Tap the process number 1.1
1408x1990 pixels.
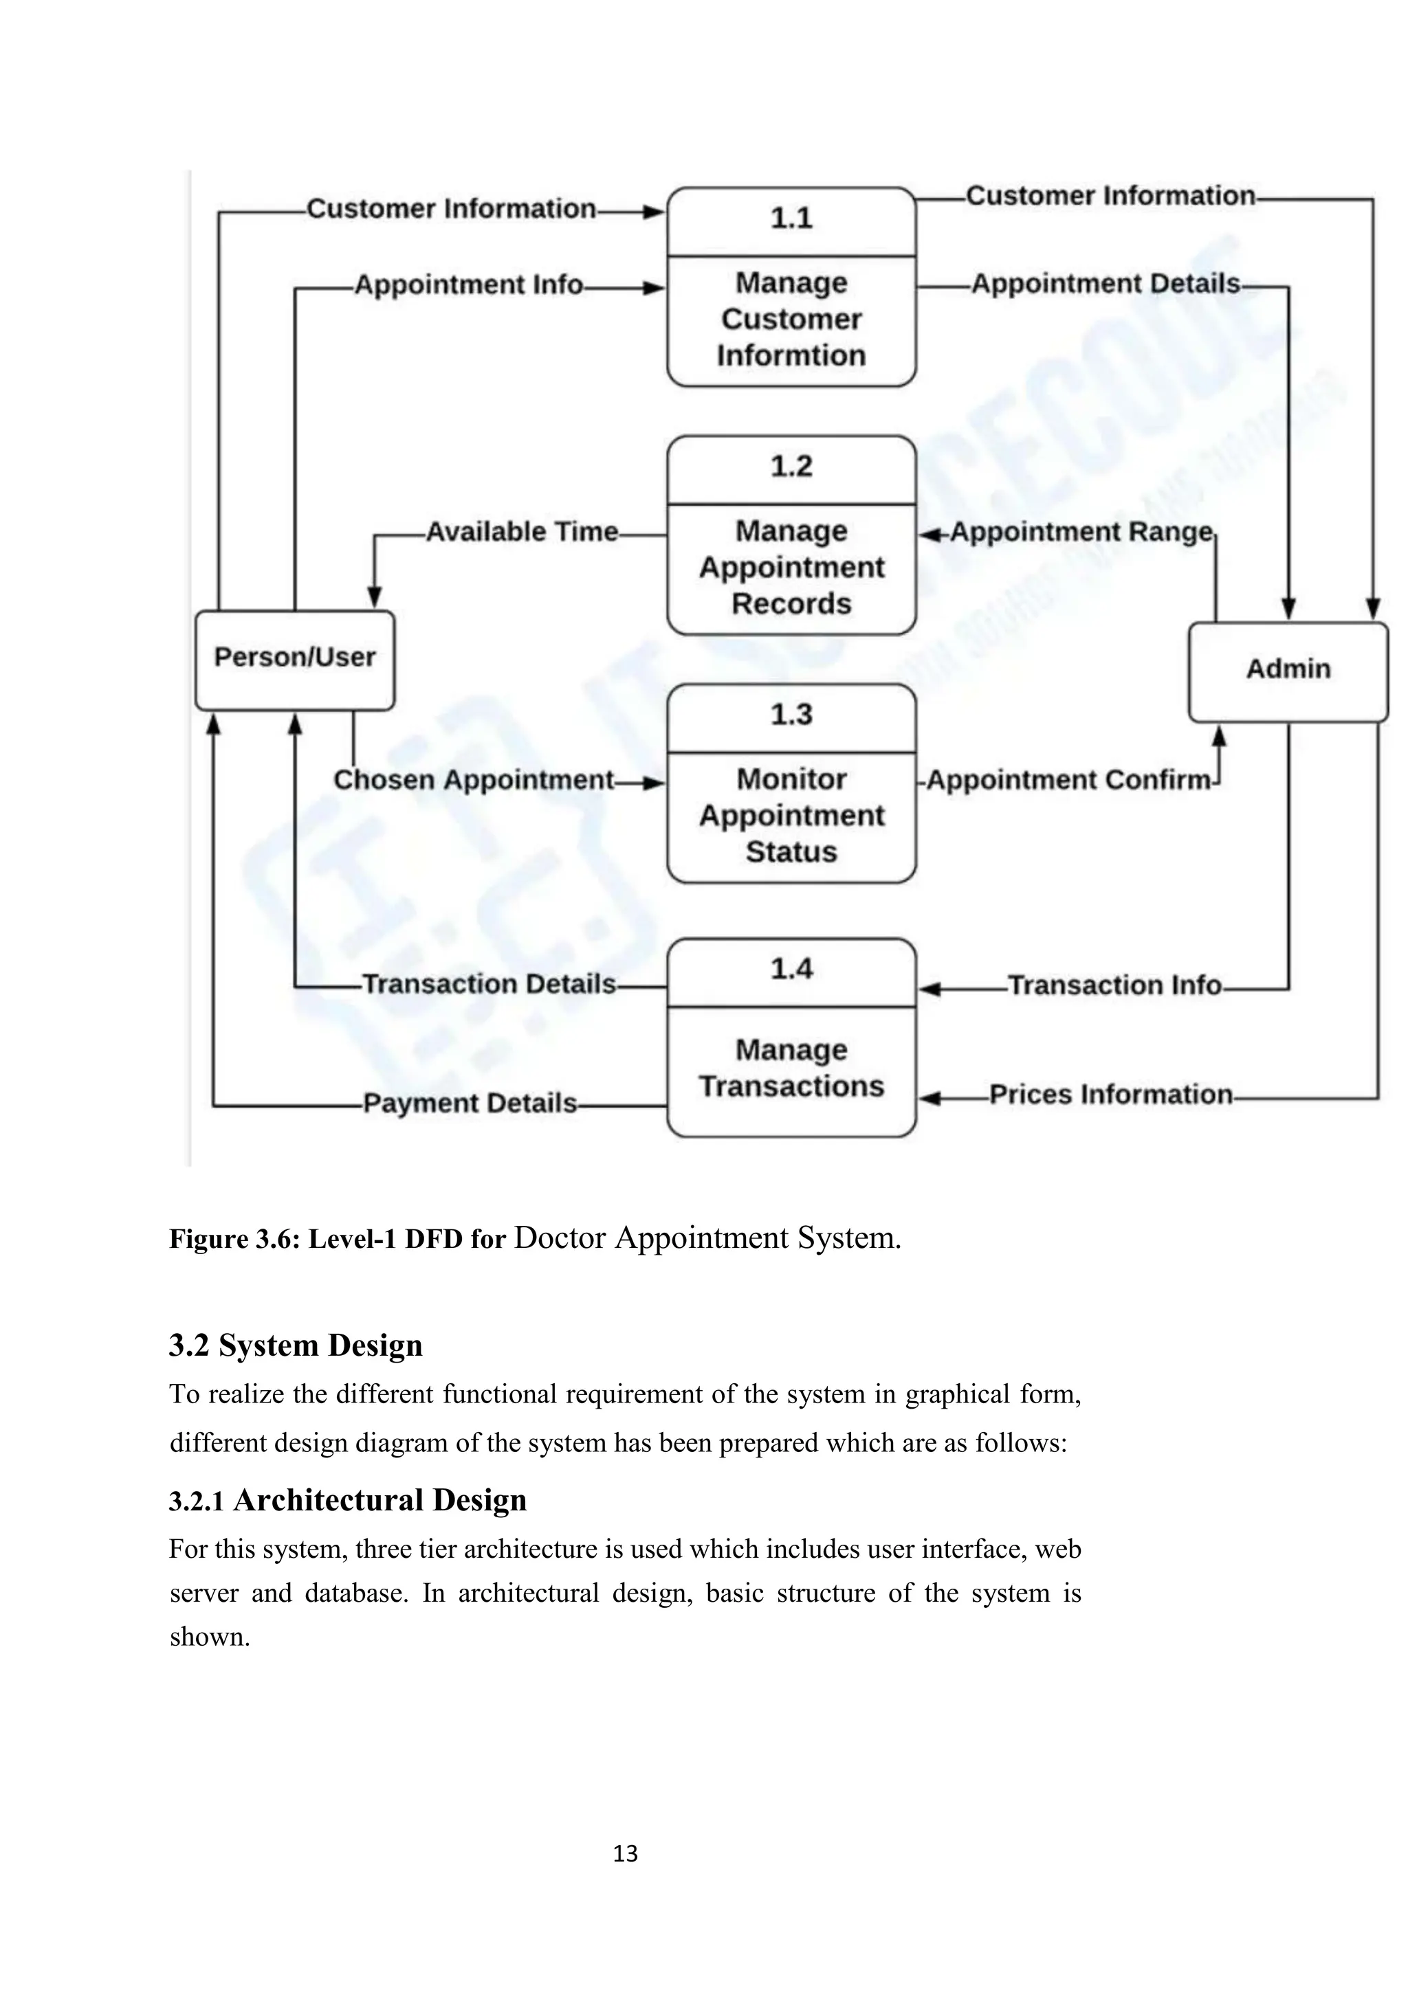[x=791, y=219]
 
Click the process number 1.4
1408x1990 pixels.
[x=791, y=969]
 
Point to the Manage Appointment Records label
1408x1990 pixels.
[x=791, y=567]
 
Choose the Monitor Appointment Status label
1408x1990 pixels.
[x=791, y=816]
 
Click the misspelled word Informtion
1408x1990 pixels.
[x=791, y=355]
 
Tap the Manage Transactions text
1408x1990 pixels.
[x=791, y=1068]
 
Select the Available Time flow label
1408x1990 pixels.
[x=522, y=531]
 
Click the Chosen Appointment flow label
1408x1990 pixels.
[x=474, y=780]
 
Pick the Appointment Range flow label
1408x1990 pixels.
[x=1081, y=532]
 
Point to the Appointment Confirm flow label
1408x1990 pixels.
[x=1068, y=781]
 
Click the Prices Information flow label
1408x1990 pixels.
[x=1110, y=1095]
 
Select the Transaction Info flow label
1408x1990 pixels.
[x=1114, y=985]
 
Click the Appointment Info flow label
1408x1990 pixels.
[x=468, y=285]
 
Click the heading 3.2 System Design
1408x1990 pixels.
[x=296, y=1345]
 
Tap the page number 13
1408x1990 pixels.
[x=625, y=1854]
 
